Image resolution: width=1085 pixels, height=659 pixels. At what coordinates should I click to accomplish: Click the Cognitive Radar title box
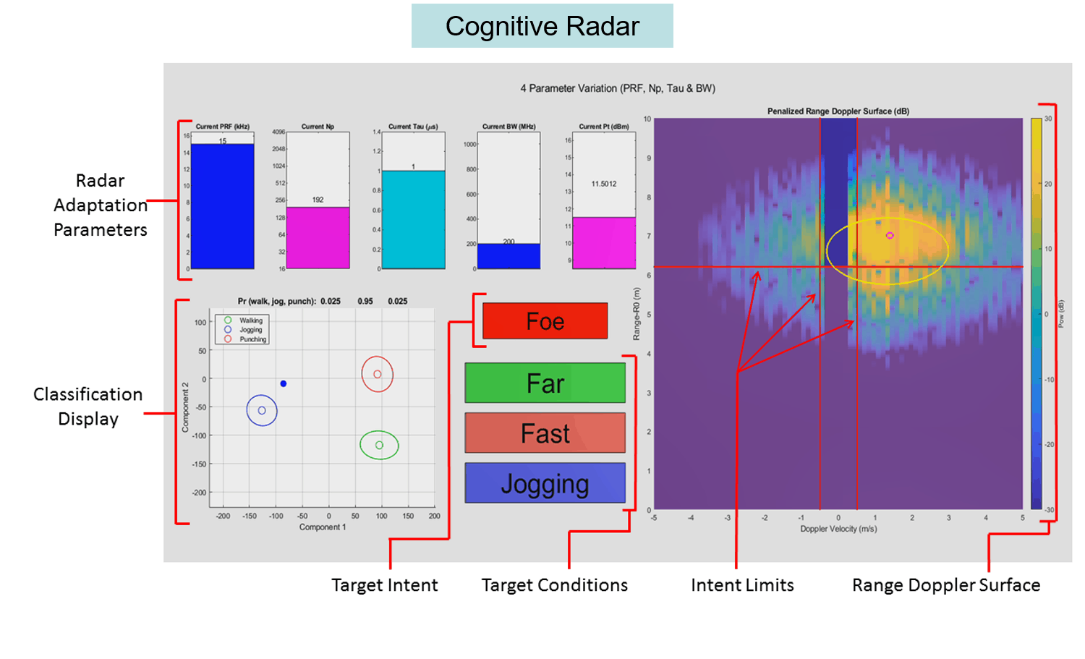click(x=542, y=26)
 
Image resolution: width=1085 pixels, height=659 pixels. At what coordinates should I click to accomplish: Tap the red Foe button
click(x=545, y=321)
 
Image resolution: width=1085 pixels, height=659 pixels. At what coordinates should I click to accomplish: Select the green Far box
click(x=545, y=383)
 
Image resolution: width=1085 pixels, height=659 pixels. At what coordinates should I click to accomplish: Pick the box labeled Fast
click(x=545, y=433)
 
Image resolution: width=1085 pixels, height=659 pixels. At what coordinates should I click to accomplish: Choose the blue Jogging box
click(x=545, y=483)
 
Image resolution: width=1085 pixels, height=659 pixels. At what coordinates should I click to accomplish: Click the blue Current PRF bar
click(x=223, y=206)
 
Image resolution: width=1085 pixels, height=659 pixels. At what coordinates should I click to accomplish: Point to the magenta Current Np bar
click(x=318, y=238)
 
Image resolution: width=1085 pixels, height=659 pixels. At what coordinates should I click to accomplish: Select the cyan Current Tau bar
click(x=413, y=220)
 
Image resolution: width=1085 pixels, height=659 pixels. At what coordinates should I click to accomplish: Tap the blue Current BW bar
click(x=509, y=256)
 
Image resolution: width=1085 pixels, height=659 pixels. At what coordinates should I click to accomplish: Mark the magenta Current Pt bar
click(x=604, y=243)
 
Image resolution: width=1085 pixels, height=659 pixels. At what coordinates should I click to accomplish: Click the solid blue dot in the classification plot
click(x=284, y=383)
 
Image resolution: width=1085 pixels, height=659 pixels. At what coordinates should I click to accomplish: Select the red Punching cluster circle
click(x=377, y=374)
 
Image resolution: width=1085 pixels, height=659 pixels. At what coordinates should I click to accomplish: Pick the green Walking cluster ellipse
click(x=379, y=445)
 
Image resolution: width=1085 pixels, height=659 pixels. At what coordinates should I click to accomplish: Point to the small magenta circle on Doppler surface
click(x=890, y=235)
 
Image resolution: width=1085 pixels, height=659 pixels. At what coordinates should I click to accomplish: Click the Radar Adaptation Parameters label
click(x=101, y=205)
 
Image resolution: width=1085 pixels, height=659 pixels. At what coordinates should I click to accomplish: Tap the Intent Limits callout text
click(x=742, y=585)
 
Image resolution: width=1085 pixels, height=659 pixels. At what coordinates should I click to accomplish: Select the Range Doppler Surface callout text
click(x=946, y=585)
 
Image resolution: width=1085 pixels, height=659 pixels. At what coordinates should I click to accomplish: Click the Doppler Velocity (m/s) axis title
click(x=838, y=529)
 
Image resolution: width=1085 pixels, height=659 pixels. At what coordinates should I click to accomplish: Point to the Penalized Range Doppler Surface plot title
click(x=838, y=111)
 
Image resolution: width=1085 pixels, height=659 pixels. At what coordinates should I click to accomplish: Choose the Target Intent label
click(x=385, y=585)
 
